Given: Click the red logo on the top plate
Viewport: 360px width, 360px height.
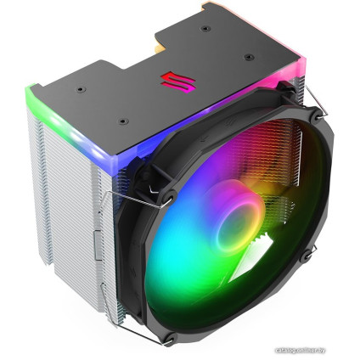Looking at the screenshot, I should [x=169, y=82].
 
